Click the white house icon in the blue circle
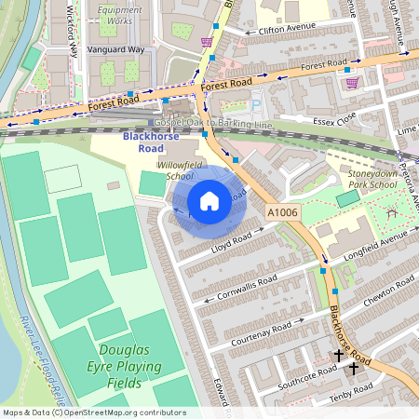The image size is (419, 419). [x=209, y=200]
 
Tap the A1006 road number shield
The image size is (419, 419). [x=281, y=213]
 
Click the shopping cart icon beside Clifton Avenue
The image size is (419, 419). [x=206, y=41]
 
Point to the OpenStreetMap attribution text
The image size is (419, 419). [x=93, y=412]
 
